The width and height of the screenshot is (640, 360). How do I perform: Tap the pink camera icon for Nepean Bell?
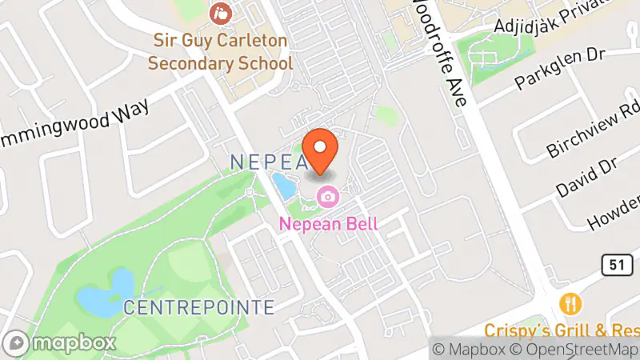327,196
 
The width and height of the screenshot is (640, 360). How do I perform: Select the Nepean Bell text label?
328,224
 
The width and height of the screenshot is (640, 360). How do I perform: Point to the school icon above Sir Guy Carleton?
218,14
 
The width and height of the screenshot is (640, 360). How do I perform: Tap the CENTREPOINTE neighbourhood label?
199,307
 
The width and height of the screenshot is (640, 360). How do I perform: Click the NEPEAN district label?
269,162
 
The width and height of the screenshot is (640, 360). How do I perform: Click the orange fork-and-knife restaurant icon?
571,304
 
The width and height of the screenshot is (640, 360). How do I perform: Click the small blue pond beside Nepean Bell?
283,187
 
